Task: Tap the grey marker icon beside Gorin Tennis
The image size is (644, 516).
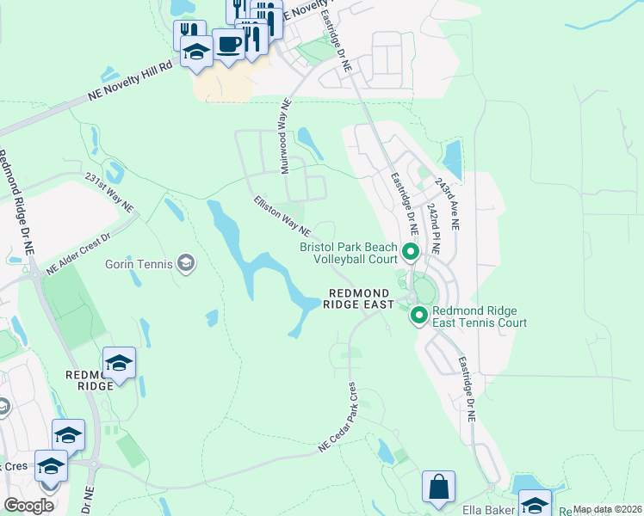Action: pyautogui.click(x=185, y=261)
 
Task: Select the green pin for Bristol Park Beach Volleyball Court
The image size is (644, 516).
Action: pyautogui.click(x=411, y=253)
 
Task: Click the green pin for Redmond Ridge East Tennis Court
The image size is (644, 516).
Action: pyautogui.click(x=419, y=316)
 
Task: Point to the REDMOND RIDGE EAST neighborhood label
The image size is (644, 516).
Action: pyautogui.click(x=360, y=298)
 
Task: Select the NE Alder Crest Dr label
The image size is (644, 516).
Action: pyautogui.click(x=80, y=254)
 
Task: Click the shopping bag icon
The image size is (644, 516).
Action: pyautogui.click(x=438, y=486)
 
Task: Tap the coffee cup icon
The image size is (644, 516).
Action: pyautogui.click(x=229, y=44)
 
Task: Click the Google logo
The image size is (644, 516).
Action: pyautogui.click(x=28, y=506)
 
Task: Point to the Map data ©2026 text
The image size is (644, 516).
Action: pyautogui.click(x=607, y=509)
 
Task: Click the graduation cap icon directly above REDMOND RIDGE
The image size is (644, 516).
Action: pyautogui.click(x=119, y=364)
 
